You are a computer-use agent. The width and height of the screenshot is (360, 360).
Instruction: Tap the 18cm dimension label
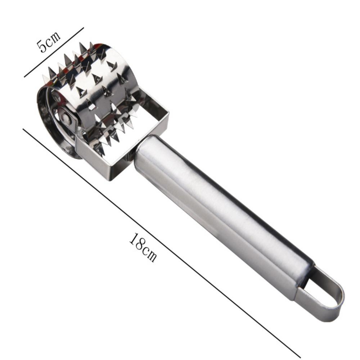coord(143,248)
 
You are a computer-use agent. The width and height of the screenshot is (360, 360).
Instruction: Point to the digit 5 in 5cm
coord(42,46)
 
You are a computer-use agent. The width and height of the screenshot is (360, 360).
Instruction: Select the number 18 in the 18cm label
coord(137,242)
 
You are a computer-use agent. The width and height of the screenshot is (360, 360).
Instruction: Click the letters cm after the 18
coord(149,253)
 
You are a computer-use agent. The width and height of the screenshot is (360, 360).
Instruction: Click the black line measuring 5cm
coord(54,52)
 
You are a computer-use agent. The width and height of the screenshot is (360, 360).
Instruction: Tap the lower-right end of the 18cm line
coord(300,357)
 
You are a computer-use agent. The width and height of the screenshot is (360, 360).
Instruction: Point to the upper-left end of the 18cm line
coord(24,129)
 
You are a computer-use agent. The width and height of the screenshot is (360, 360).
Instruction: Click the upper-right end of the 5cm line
coord(84,28)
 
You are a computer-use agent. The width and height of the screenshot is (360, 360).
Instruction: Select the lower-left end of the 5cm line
coord(24,77)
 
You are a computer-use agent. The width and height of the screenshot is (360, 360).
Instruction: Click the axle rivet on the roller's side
coord(66,118)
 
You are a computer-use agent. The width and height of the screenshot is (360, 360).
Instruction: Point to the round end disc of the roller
coord(54,119)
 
